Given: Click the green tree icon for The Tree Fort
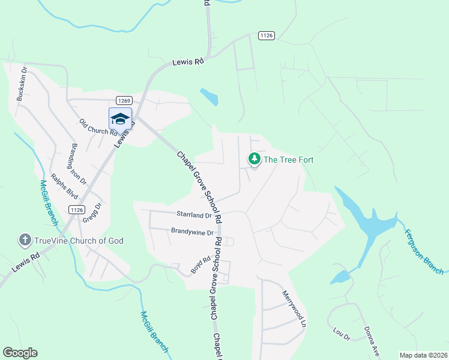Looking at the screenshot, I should coord(255,159).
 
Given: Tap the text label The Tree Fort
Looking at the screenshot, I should coord(289,160).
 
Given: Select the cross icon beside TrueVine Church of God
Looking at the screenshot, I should coord(25,241).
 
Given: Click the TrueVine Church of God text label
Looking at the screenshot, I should coord(79,241).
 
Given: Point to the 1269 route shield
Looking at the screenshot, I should coord(124,100).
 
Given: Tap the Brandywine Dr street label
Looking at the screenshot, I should coord(193,232).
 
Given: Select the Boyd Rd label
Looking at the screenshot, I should coord(201,265).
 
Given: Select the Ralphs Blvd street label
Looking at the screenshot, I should coord(65,187).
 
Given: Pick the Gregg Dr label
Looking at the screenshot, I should coord(93,212).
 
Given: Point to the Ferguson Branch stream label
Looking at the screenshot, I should coord(424,251).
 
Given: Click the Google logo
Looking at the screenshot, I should coord(20,353).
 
